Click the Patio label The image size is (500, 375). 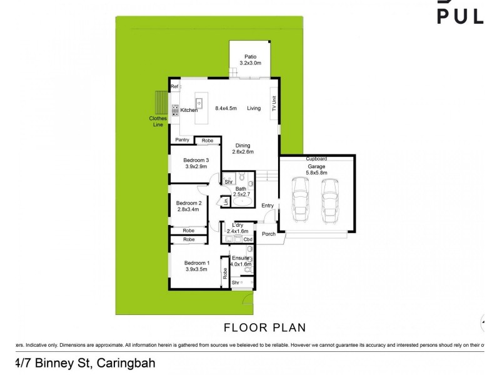point(251,56)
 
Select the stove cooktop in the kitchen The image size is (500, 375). point(176,110)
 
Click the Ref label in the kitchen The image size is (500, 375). point(175,86)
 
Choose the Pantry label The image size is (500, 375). point(182,140)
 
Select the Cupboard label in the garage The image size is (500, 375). point(316,159)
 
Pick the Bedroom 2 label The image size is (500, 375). point(188,203)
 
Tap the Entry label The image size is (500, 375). point(267,206)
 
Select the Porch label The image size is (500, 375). point(269,234)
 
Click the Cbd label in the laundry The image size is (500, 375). point(247,239)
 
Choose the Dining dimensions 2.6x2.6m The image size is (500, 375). point(242,152)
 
